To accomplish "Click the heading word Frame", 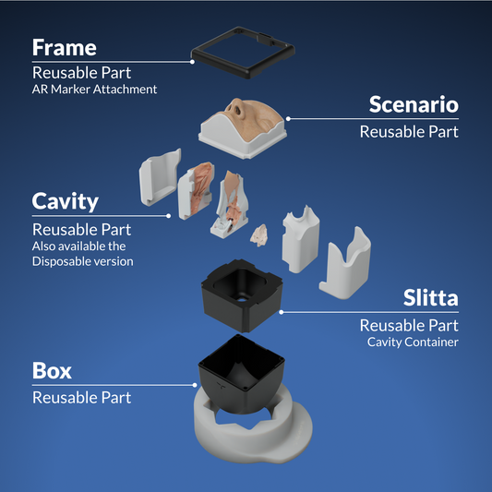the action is pos(65,48).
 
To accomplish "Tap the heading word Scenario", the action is pos(414,104).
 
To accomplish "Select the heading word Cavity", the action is pos(66,202).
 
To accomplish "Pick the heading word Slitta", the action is pos(430,297).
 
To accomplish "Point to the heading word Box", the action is pos(52,370).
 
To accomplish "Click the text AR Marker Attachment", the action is pos(94,90).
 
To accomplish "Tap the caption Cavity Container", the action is pos(413,342).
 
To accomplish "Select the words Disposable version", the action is pos(82,261).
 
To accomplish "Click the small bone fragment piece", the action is pos(258,235).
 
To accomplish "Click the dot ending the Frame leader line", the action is pos(192,62).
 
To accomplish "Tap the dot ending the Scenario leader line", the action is pos(288,118).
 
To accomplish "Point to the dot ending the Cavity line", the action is pos(169,216).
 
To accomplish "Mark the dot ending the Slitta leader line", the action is pos(282,312).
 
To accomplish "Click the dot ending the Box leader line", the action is pos(195,385).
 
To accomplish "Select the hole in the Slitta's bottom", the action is pos(242,299).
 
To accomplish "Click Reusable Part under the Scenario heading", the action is pos(409,132).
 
